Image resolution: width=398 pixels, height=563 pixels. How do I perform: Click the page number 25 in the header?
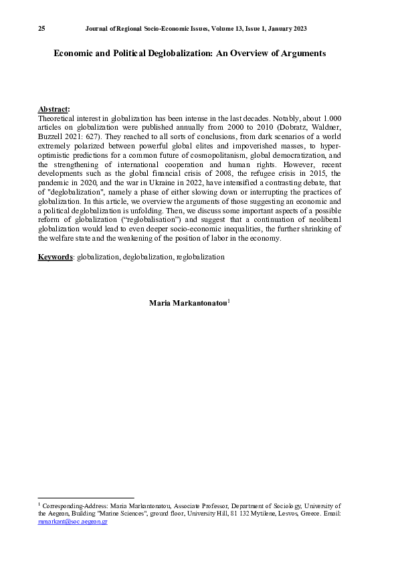41,29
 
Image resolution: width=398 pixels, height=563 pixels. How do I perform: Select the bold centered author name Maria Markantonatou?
188,303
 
